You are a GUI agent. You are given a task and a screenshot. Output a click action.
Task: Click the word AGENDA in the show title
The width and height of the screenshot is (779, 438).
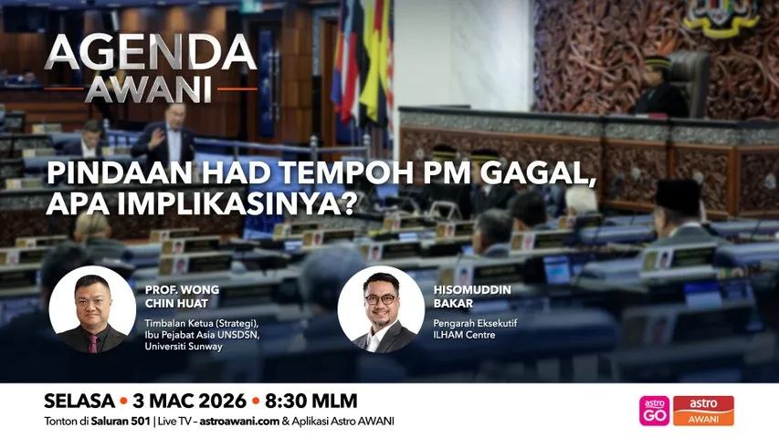[x=151, y=55]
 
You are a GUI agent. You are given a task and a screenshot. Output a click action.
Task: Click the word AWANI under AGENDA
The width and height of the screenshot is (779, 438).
[x=150, y=89]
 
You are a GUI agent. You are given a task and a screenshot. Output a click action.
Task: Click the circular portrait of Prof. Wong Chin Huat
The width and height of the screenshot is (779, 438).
[x=92, y=309]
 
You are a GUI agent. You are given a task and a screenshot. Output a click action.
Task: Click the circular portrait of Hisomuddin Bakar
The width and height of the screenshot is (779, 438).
[x=381, y=309]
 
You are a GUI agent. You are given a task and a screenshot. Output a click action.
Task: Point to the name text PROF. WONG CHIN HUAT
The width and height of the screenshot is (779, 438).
[x=182, y=296]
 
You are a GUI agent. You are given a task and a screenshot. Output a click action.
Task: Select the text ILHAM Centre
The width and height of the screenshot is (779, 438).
[x=464, y=334]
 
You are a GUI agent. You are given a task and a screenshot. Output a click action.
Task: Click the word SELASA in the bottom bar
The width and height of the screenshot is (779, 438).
[x=79, y=401]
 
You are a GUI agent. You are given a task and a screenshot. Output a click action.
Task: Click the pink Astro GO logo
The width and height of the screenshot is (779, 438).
[x=654, y=411]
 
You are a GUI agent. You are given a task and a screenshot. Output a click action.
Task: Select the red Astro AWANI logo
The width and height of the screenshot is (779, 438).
[x=703, y=411]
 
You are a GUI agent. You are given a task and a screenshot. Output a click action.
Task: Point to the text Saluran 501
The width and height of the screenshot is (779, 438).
[x=126, y=422]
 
